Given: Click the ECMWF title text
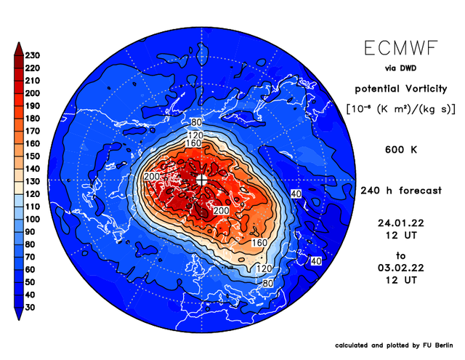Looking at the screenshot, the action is click(x=401, y=48).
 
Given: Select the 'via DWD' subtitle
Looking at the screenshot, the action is click(x=400, y=68).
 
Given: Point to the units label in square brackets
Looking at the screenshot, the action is click(x=401, y=109).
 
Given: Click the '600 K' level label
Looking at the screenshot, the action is click(x=401, y=150).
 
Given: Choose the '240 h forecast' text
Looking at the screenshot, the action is click(x=401, y=191).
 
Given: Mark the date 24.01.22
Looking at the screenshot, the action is click(x=401, y=223).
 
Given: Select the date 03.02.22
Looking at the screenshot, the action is click(x=401, y=268).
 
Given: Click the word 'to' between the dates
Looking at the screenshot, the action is click(x=400, y=255).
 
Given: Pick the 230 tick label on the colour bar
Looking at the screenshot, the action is click(x=32, y=55).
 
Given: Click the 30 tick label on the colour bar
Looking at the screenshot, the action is click(x=30, y=307).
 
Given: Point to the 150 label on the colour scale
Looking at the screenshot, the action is click(x=32, y=156).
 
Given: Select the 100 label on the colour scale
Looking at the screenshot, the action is click(x=32, y=219).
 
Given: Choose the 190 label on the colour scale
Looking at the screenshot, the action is click(x=32, y=106).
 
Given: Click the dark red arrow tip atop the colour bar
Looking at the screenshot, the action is click(x=19, y=44).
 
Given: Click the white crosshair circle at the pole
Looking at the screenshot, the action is click(x=201, y=180).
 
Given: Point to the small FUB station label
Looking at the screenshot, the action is click(x=229, y=267).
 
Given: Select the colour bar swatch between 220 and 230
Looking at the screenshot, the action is click(x=19, y=62).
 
